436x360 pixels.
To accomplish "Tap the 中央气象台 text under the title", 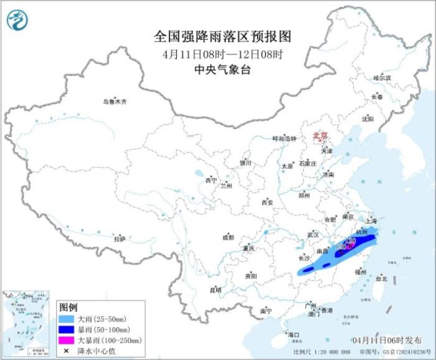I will click(218, 70).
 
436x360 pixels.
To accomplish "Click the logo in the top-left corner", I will click(17, 20).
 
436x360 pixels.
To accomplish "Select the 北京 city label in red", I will click(319, 134).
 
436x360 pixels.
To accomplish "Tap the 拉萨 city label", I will click(120, 239).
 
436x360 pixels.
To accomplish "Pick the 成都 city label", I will click(228, 237).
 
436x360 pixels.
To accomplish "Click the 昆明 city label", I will click(216, 290).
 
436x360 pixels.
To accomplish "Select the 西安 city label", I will click(267, 202).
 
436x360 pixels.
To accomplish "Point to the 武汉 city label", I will click(313, 235).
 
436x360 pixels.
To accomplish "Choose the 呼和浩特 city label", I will click(285, 138).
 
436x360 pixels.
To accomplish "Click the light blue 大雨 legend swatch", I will click(65, 319).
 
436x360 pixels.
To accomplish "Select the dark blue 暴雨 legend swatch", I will click(65, 329).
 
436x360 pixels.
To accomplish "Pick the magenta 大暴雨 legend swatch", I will click(65, 339).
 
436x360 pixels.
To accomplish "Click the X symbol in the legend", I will click(65, 350).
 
